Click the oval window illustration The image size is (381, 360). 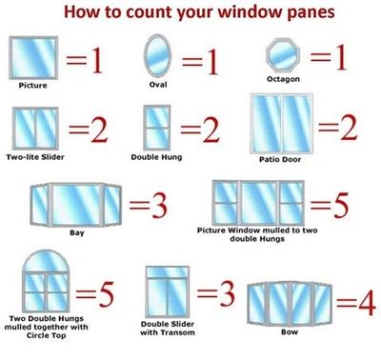coord(156,56)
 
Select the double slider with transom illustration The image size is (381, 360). coord(167,295)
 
